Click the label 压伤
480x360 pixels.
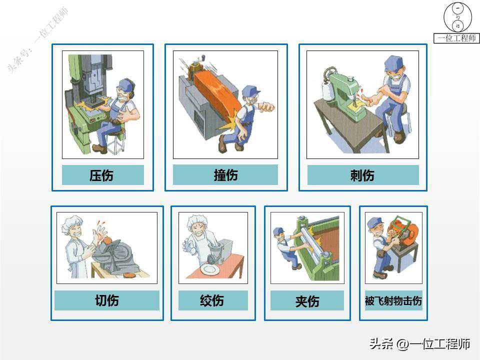pos(101,175)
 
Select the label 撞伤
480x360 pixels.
pos(225,175)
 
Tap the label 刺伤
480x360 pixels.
pos(362,175)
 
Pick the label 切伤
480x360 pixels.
pos(107,300)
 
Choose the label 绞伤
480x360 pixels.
pos(212,300)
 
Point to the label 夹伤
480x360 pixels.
pos(307,301)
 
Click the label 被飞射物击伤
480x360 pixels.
pos(393,300)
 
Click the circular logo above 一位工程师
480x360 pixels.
pos(458,16)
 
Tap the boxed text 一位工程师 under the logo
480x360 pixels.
pos(456,38)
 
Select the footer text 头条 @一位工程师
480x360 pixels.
pos(419,344)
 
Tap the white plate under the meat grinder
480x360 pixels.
pos(209,269)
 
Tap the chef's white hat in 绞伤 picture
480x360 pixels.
pos(197,221)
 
